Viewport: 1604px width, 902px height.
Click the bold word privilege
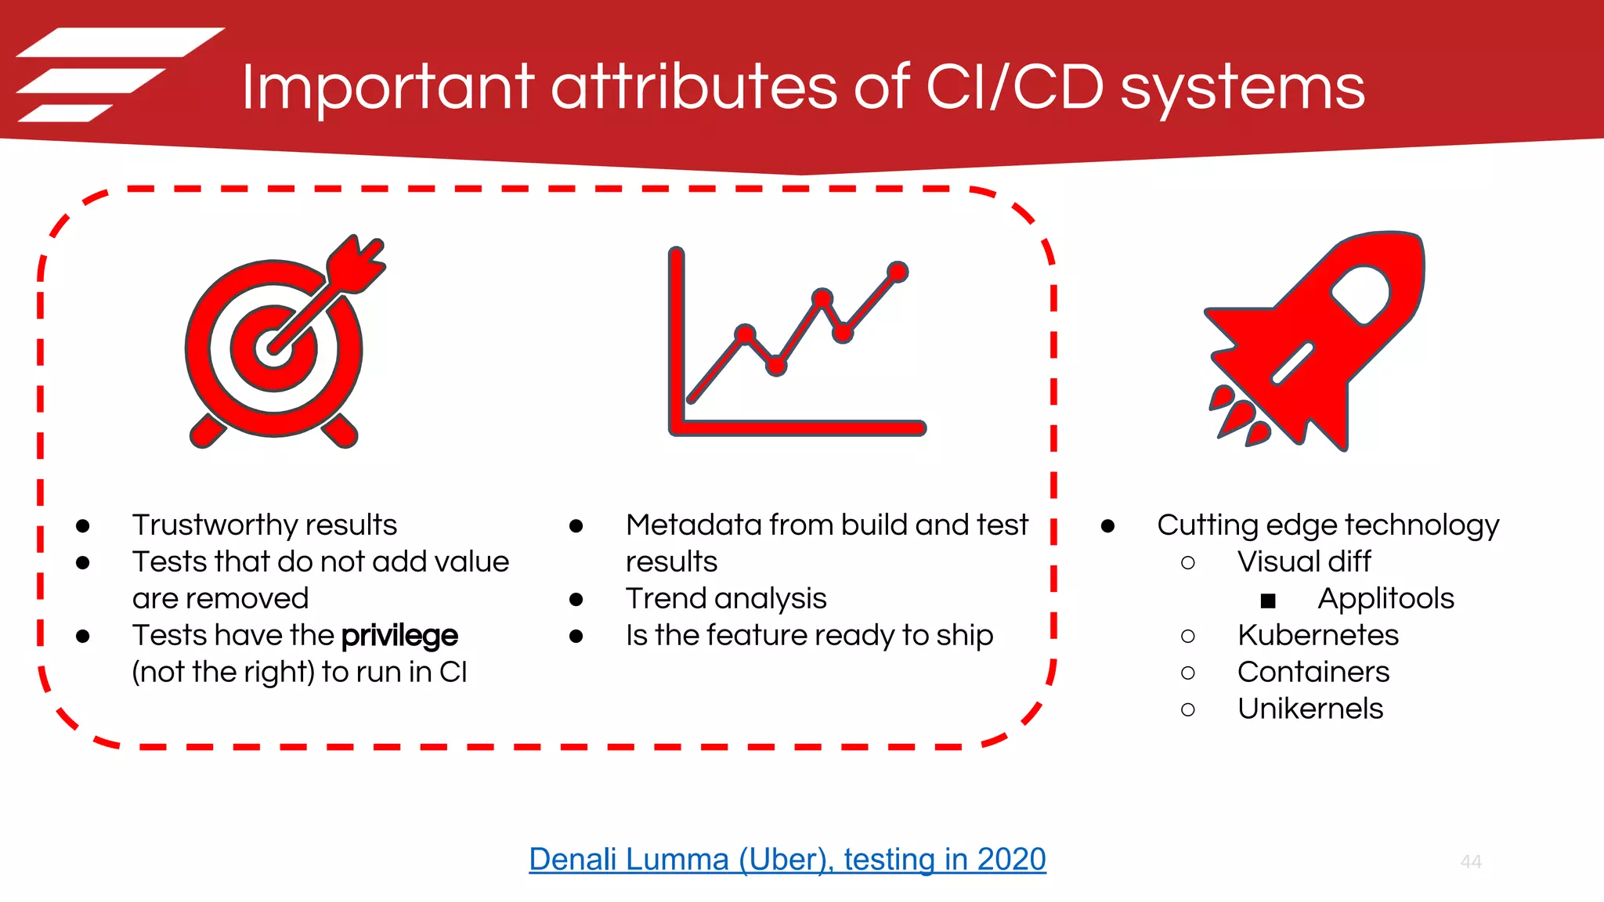pos(399,635)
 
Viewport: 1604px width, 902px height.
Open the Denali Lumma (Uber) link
pos(787,859)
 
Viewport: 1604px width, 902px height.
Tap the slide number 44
pos(1470,861)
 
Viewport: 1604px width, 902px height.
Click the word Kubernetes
pos(1317,635)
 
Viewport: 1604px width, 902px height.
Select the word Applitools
pos(1385,598)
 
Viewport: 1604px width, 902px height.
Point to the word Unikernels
pos(1310,709)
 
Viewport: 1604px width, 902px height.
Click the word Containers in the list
pos(1313,672)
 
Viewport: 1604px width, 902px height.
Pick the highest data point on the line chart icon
pos(898,272)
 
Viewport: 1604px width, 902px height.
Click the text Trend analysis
pos(725,598)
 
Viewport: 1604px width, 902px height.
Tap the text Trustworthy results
pos(264,525)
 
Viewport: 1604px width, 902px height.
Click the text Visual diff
pos(1303,561)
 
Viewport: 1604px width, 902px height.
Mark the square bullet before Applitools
pos(1268,601)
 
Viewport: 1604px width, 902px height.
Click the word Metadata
pos(688,525)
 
